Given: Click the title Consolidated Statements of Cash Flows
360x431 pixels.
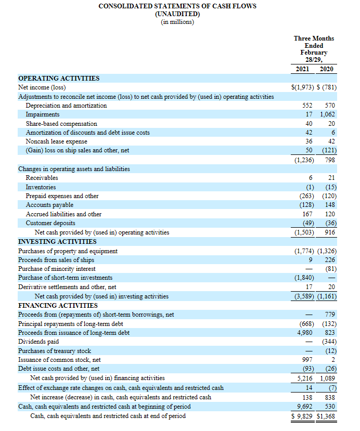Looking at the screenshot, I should (x=177, y=6).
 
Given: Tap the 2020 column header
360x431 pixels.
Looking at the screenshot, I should (x=327, y=69).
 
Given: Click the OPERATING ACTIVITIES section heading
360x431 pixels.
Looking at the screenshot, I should (x=59, y=79).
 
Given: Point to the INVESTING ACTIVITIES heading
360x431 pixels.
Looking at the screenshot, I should (x=57, y=242).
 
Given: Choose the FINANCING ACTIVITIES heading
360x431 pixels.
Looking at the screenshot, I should (x=58, y=305).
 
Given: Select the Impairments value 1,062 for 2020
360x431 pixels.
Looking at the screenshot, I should (x=328, y=114).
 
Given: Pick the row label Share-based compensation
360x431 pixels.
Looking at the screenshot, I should (x=61, y=124).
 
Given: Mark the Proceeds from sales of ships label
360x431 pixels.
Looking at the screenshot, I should (x=56, y=260).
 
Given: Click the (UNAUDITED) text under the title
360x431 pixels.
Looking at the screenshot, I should (x=177, y=14).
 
